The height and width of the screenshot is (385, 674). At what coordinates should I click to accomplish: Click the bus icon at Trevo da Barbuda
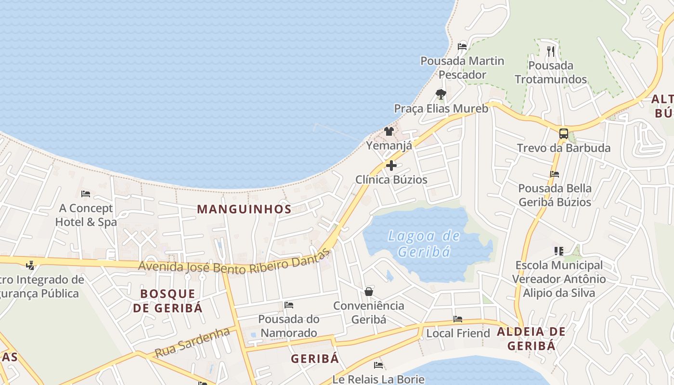(x=563, y=134)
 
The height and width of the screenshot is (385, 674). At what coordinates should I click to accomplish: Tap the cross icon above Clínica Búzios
(x=391, y=166)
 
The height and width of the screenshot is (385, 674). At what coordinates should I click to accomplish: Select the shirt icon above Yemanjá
(x=389, y=131)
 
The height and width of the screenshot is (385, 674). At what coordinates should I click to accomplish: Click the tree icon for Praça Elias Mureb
(x=441, y=94)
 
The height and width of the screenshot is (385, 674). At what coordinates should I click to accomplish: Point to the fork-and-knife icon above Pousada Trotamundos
(x=551, y=51)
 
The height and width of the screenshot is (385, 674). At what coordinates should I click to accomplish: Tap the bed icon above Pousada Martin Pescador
(x=462, y=47)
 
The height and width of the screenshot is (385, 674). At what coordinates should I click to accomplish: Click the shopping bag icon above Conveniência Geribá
(x=369, y=292)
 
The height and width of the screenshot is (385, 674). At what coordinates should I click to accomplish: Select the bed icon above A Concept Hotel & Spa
(x=86, y=194)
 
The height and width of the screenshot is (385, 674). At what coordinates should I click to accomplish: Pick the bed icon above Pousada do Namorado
(x=289, y=305)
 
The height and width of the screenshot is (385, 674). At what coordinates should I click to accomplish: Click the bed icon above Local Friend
(x=458, y=319)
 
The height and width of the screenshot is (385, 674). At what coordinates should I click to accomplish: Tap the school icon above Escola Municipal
(x=558, y=251)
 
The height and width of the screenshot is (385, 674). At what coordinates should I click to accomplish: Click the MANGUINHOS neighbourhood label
(x=244, y=209)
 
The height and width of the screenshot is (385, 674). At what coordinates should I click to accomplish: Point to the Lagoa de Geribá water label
(x=424, y=244)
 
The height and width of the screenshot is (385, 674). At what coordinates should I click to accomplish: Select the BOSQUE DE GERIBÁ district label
(x=168, y=301)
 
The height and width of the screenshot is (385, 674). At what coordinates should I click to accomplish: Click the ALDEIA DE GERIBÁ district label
(x=531, y=338)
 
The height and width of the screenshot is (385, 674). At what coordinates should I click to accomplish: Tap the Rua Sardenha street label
(x=192, y=343)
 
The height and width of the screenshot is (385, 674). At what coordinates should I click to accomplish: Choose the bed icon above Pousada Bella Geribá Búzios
(x=555, y=174)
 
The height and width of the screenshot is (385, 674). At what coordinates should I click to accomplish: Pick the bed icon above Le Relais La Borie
(x=378, y=365)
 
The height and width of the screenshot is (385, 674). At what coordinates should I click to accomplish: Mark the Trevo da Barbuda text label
(x=564, y=148)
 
